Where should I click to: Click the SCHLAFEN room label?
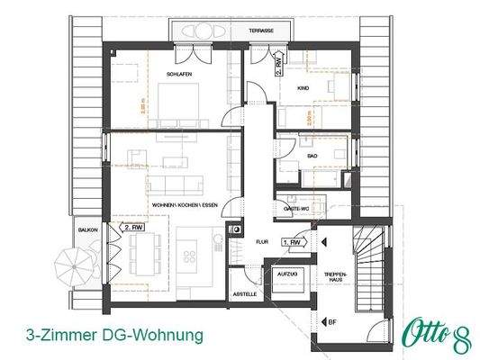(178, 74)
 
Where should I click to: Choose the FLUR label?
(262, 242)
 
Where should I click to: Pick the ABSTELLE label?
(245, 293)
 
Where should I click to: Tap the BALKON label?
(87, 229)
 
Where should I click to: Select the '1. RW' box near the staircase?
(294, 242)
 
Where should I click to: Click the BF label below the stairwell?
(332, 320)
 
